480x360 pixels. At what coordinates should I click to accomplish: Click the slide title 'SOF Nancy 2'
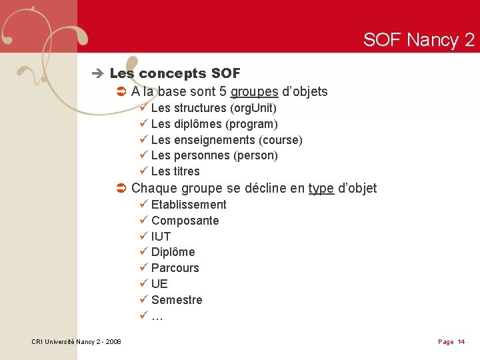click(x=419, y=40)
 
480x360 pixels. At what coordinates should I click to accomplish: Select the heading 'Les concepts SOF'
click(x=175, y=73)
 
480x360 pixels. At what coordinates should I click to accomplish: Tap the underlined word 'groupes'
click(x=254, y=92)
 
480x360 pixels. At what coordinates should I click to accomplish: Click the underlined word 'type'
click(x=321, y=189)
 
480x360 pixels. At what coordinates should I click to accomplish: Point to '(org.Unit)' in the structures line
click(x=253, y=108)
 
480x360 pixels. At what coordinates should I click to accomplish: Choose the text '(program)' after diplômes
click(x=252, y=124)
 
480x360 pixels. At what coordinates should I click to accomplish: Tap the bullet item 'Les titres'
click(x=175, y=171)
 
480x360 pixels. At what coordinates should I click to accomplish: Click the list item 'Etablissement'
click(x=189, y=205)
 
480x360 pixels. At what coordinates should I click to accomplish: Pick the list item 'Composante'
click(x=185, y=221)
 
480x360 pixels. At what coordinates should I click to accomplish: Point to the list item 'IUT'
click(x=161, y=237)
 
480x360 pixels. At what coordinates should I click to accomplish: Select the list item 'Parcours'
click(x=175, y=268)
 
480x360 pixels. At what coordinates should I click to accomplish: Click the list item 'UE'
click(x=159, y=284)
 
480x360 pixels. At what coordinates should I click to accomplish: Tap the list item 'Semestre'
click(x=177, y=300)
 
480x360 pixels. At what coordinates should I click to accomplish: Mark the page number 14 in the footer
click(x=461, y=342)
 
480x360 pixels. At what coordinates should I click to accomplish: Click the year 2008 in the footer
click(x=113, y=342)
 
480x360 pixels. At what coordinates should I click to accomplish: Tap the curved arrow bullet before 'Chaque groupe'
click(x=121, y=189)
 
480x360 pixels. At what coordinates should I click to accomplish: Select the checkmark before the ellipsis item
click(x=143, y=316)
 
